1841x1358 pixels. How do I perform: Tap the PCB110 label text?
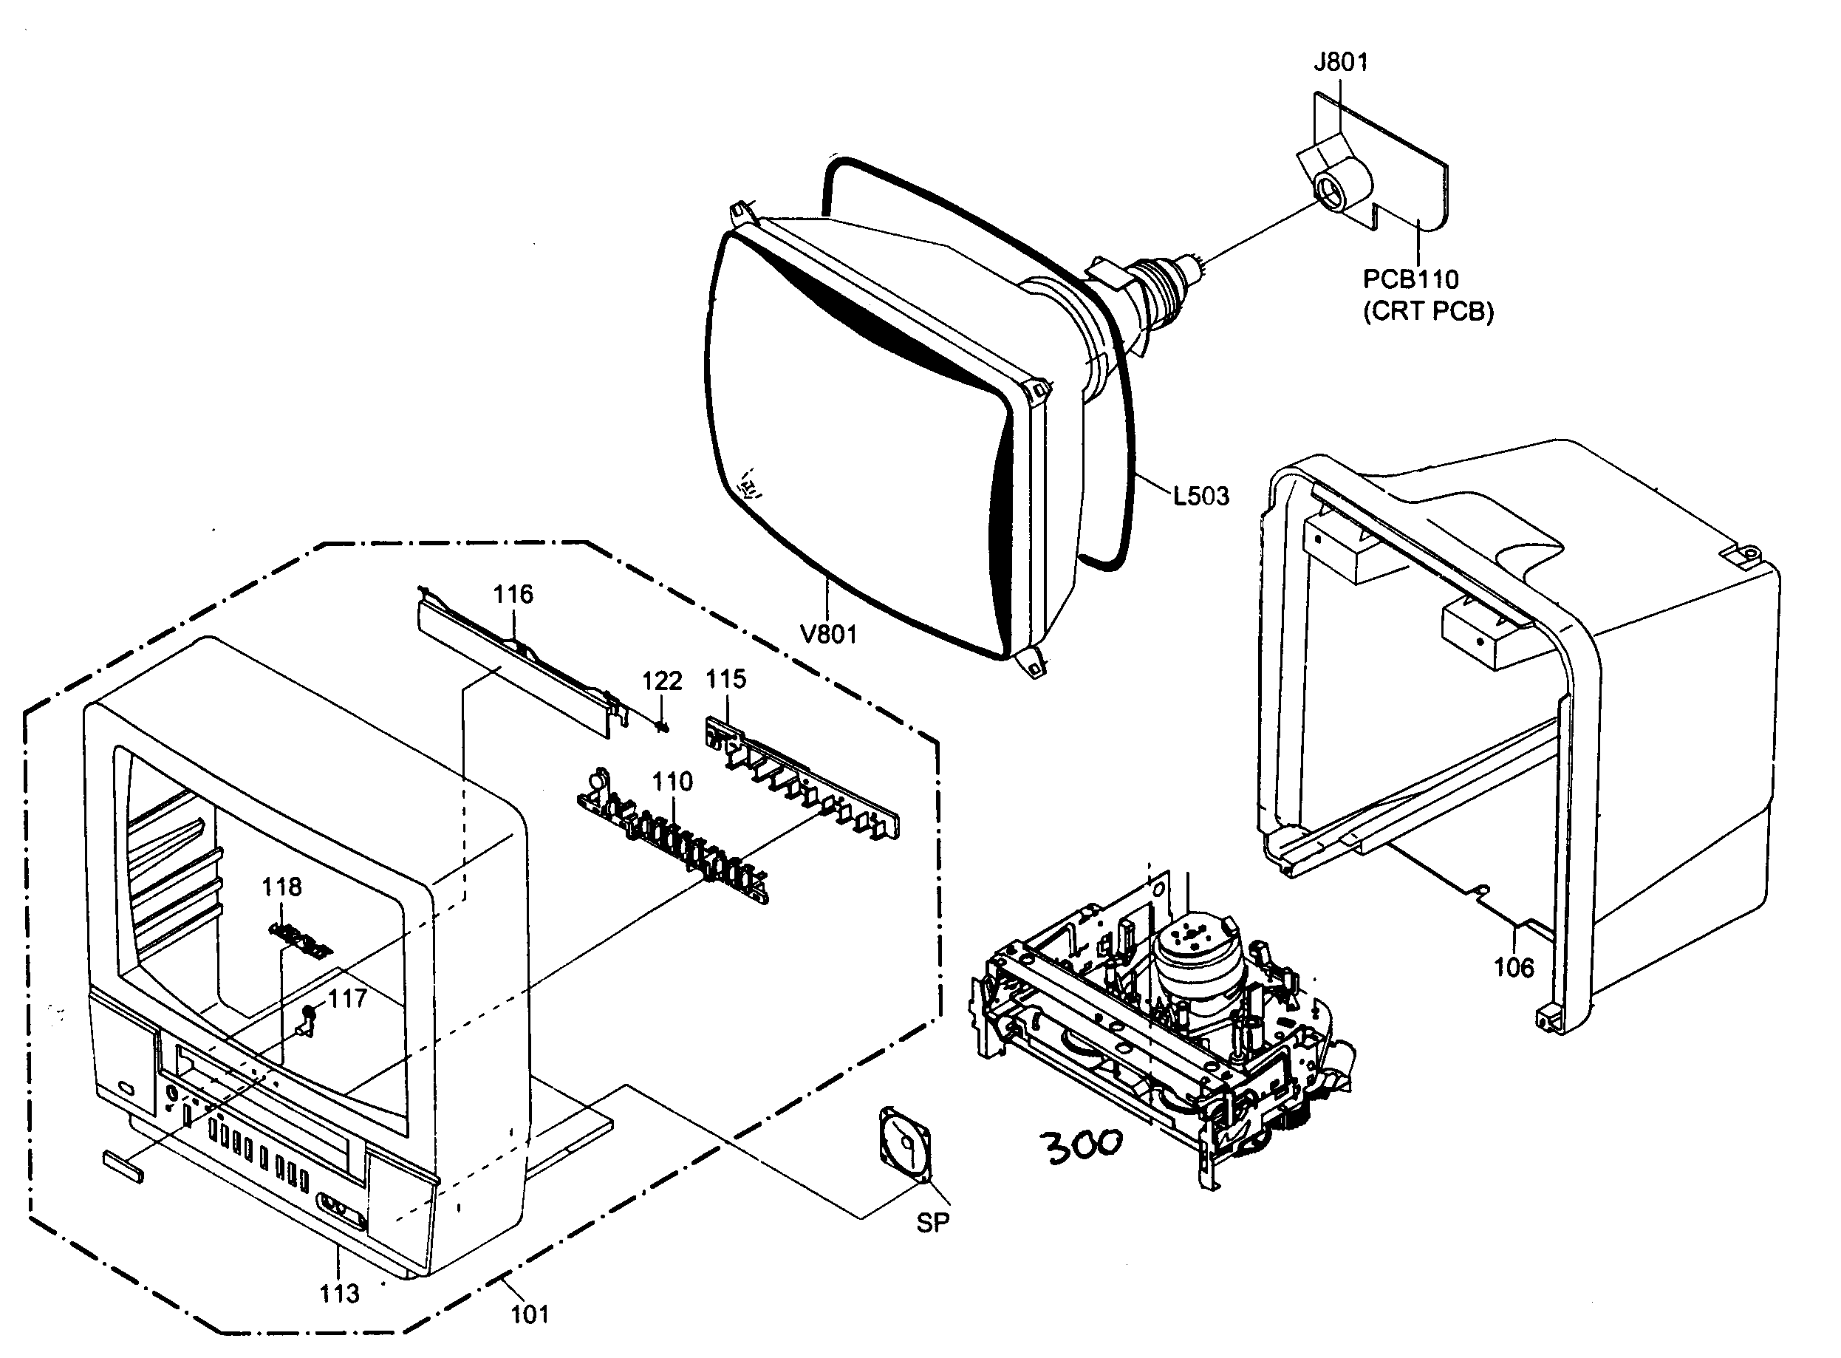tap(1410, 279)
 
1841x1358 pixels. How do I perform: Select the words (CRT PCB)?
tap(1429, 313)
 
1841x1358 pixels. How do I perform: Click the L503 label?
tap(1200, 497)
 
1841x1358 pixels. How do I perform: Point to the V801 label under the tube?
tap(828, 635)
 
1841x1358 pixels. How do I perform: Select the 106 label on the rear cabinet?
tap(1513, 969)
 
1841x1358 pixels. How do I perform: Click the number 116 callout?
tap(513, 594)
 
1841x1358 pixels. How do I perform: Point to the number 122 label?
tap(662, 681)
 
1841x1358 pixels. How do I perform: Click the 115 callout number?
tap(725, 680)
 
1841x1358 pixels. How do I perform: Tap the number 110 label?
tap(672, 782)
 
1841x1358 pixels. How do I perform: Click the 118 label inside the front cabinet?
tap(282, 887)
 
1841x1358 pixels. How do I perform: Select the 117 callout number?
tap(346, 999)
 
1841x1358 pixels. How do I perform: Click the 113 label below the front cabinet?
tap(339, 1294)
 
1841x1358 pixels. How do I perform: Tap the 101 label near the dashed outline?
tap(530, 1314)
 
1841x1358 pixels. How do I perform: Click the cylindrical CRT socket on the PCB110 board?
tap(1336, 189)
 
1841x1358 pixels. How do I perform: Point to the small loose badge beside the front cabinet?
tap(123, 1167)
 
